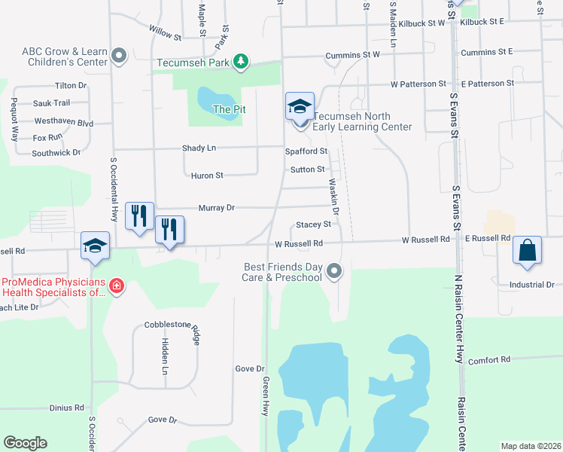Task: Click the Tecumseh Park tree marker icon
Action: coord(240,62)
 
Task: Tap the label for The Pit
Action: coord(230,109)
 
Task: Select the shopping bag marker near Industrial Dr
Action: coord(527,251)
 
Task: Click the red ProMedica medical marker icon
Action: coord(117,286)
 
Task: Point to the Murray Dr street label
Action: coord(217,207)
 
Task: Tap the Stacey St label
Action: coord(313,224)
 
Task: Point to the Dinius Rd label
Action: coord(67,408)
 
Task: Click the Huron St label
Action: coord(208,176)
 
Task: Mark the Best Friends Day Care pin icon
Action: coord(335,270)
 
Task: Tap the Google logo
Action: coord(25,443)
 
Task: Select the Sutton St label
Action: coord(308,169)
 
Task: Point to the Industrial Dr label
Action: coord(531,285)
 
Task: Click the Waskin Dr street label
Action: coord(333,198)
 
